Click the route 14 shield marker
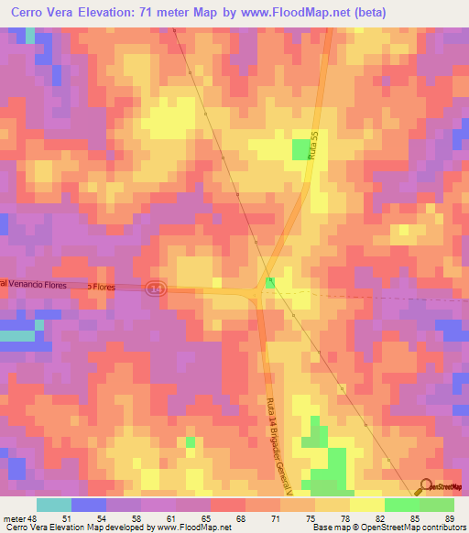(x=157, y=287)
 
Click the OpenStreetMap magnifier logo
(x=428, y=486)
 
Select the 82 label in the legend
(x=379, y=519)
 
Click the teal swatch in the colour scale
(x=54, y=505)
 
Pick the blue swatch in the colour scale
(x=89, y=505)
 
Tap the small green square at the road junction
(x=269, y=284)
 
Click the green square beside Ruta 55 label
(x=300, y=149)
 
